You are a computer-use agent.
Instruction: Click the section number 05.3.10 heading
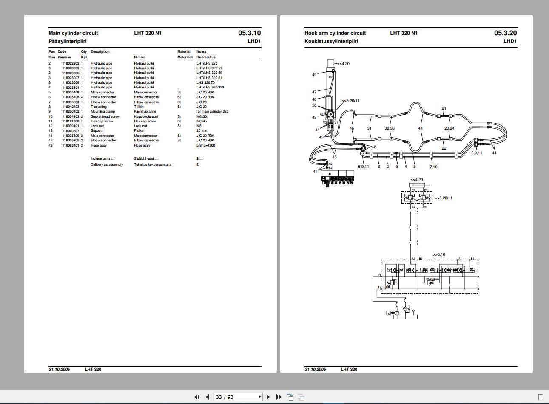click(249, 33)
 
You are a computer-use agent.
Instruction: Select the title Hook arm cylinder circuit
click(335, 33)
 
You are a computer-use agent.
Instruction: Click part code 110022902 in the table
click(71, 63)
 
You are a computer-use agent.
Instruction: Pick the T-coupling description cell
click(99, 107)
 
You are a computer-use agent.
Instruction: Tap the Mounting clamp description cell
click(102, 112)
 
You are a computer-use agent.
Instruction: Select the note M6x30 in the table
click(201, 116)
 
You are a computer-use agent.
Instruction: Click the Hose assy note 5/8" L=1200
click(206, 145)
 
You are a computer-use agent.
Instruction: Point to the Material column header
click(184, 52)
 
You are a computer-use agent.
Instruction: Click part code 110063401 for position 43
click(71, 145)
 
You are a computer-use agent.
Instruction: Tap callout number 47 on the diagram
click(314, 92)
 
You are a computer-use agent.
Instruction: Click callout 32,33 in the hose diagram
click(390, 128)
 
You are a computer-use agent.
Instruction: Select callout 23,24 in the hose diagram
click(449, 128)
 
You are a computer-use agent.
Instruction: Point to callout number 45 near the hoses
click(334, 157)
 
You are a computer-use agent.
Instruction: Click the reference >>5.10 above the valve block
click(439, 254)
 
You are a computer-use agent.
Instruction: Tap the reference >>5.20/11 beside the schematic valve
click(444, 198)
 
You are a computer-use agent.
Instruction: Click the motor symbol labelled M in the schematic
click(389, 314)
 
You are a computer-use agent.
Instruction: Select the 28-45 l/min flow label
click(432, 279)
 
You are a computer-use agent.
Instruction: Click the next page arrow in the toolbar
click(268, 397)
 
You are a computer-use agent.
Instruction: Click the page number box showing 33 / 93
click(238, 397)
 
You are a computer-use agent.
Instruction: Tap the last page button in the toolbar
click(279, 397)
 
